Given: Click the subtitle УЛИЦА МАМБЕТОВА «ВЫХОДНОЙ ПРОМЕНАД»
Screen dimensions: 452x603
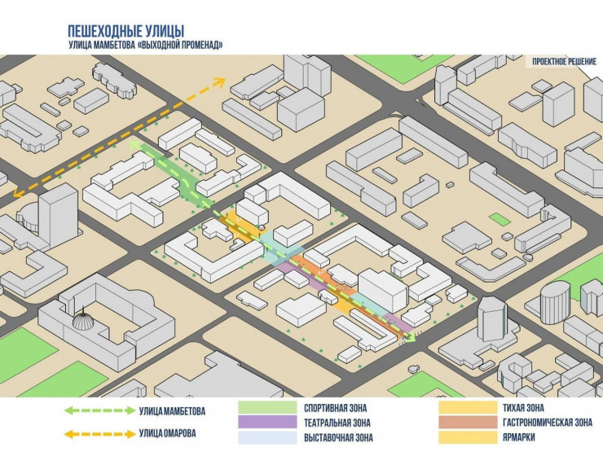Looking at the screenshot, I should (146, 46).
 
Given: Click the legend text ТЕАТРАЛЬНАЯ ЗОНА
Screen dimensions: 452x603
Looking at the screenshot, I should (337, 423).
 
